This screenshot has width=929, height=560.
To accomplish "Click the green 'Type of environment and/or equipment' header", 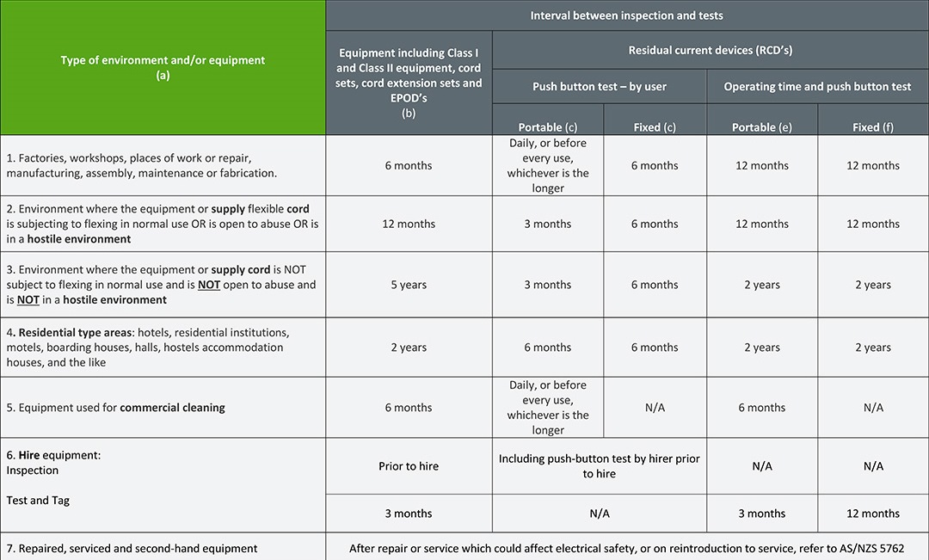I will [163, 67].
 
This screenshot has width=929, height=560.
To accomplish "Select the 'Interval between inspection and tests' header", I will [626, 15].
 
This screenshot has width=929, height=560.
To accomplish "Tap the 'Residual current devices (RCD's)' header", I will [710, 50].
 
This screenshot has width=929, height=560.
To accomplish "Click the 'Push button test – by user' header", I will [599, 86].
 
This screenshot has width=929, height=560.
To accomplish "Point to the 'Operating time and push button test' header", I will [817, 86].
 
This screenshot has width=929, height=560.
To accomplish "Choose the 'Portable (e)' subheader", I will [762, 127].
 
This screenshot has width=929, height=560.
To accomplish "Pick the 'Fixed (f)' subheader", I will [873, 127].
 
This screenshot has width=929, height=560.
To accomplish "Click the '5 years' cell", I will [409, 285].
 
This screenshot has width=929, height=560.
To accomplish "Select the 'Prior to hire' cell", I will [409, 466].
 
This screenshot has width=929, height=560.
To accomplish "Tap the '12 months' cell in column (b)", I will [409, 224].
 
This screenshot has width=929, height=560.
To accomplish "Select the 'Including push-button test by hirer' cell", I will [599, 466].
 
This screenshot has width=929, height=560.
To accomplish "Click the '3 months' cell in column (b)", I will [409, 514].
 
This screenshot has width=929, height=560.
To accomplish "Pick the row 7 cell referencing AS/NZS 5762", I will [626, 548].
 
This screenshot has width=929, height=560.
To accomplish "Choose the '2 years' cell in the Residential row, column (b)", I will [409, 348].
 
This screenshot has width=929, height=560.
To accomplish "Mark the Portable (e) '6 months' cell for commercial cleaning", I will [762, 408].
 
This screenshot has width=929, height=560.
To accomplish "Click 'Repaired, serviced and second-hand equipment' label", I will [132, 548].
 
